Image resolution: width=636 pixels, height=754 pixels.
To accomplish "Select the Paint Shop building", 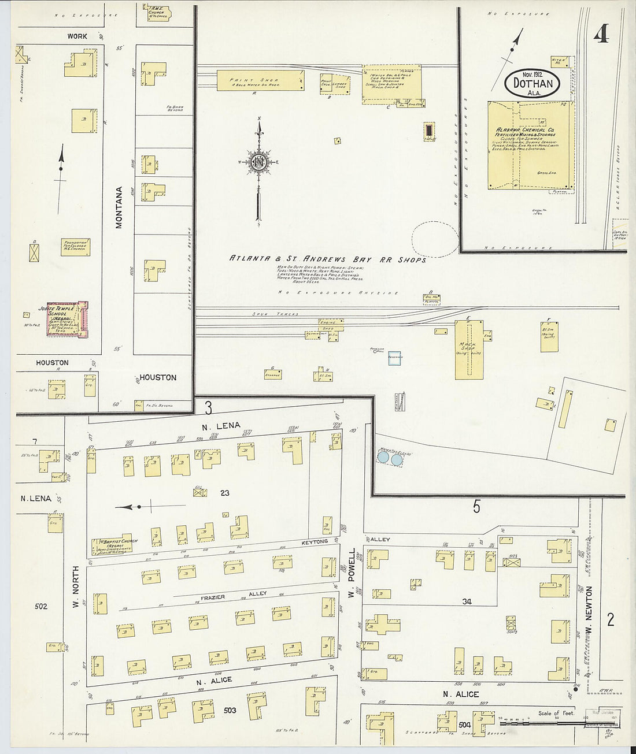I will point(260,80).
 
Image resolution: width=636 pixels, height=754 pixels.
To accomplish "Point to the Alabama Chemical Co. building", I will point(530,144).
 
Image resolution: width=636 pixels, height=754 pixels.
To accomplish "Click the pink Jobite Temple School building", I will point(67,320).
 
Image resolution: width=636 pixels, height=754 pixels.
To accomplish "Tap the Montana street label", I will point(120,207).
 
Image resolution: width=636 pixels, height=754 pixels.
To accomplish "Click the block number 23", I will point(225,493).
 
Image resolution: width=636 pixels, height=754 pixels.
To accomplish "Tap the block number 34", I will point(467,601).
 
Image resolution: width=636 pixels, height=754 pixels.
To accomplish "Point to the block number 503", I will point(230,710).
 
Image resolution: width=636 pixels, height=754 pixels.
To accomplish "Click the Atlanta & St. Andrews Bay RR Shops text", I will point(327,259).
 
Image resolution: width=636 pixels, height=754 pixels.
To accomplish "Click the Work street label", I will point(77,36).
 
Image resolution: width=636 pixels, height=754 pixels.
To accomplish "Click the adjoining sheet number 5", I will point(476,507).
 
